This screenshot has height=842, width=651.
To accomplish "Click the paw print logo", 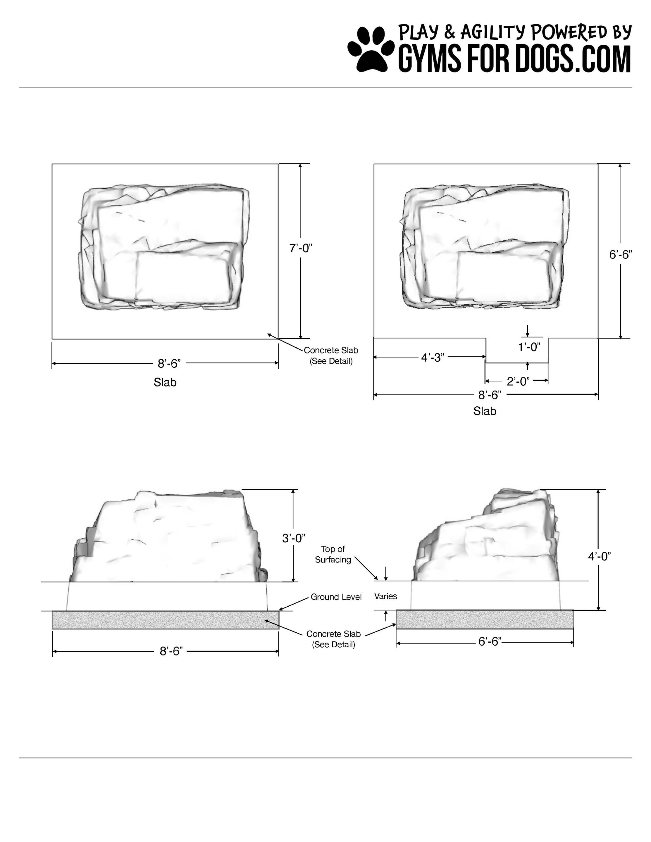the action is [x=371, y=49].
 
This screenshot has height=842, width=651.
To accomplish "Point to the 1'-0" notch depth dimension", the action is [x=529, y=347].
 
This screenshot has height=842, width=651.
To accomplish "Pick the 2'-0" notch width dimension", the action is [x=518, y=381].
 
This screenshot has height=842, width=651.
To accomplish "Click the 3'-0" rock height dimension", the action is [x=294, y=538].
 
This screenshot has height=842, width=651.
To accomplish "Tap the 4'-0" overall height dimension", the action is [x=599, y=556].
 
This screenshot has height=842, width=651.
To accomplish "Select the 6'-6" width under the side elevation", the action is [x=490, y=641].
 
